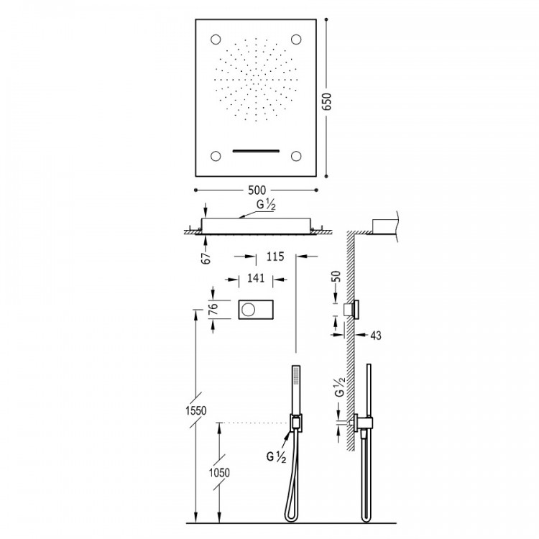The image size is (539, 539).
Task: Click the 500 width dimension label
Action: pos(257,190)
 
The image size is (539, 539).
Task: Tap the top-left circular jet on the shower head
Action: pos(217,39)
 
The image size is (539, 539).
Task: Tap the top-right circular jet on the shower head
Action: pos(296,39)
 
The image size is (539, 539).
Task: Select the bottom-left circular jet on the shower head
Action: pos(217,155)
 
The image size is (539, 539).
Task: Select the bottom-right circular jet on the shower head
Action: pos(296,155)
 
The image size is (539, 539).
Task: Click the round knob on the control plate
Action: pos(249,310)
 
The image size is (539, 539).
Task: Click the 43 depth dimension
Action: pos(377,335)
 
